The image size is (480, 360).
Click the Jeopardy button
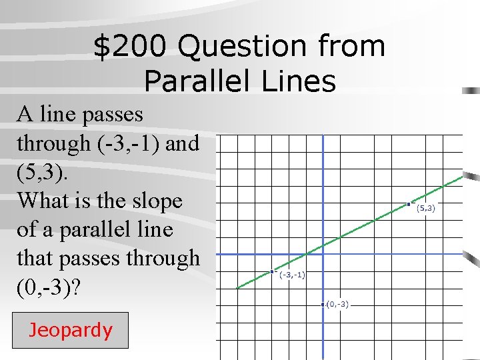(70, 330)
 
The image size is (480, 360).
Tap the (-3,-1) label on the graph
(293, 275)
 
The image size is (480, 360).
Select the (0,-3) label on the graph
(337, 305)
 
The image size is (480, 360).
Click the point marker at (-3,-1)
(273, 271)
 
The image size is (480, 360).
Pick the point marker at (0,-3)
(323, 305)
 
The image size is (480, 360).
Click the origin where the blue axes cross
(323, 254)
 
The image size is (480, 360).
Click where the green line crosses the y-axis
(323, 242)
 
